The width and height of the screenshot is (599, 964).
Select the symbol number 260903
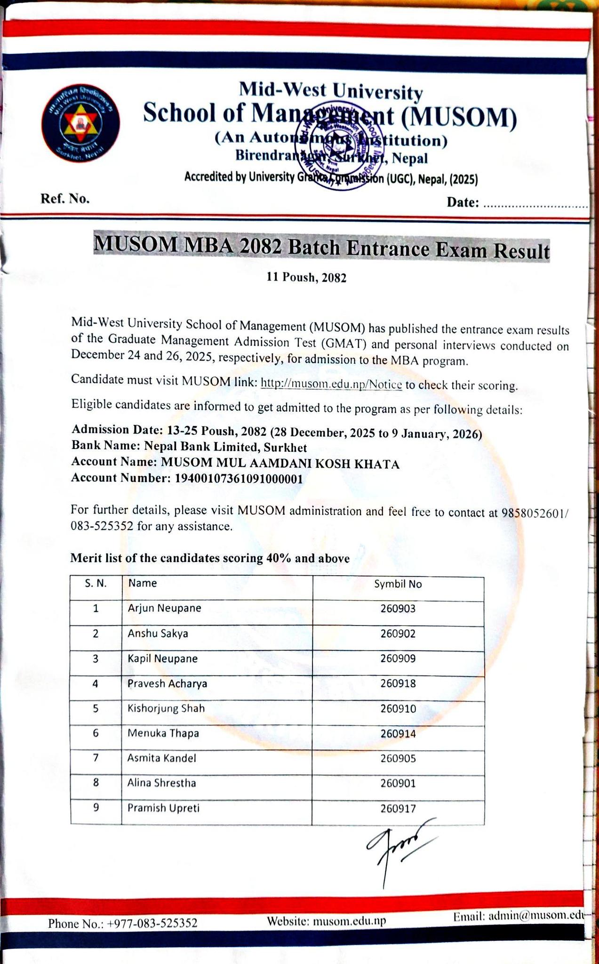tap(398, 609)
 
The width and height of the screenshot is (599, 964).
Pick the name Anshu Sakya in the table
tap(158, 634)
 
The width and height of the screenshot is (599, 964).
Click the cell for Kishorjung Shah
tap(166, 708)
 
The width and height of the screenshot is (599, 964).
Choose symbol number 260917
tap(398, 809)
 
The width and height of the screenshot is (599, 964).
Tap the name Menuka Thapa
tap(163, 733)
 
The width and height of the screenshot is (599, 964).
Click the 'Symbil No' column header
tap(398, 584)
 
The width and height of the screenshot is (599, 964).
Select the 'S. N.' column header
tap(96, 584)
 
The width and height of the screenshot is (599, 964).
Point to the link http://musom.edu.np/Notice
tap(331, 384)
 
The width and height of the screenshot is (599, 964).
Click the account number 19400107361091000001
tap(239, 479)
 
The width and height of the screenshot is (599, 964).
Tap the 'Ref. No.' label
tap(65, 199)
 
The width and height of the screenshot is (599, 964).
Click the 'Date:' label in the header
tap(463, 202)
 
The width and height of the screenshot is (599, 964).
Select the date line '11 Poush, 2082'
tap(306, 278)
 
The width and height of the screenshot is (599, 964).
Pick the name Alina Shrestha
tap(162, 783)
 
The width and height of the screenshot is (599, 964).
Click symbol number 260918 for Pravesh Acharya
tap(398, 683)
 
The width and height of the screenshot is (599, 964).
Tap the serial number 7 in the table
tap(96, 758)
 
